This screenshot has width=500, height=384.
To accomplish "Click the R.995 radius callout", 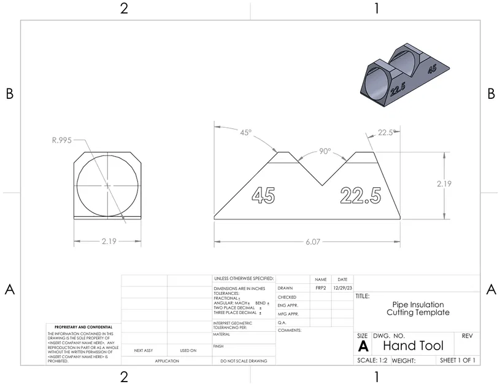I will [61, 140].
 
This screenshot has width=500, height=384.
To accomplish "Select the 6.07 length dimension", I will [313, 242].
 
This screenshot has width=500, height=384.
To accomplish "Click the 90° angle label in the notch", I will [325, 151].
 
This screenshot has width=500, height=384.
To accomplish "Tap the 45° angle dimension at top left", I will [246, 133].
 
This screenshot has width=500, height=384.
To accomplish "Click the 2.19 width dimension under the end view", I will [109, 242].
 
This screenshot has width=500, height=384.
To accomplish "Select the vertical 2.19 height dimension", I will [445, 184].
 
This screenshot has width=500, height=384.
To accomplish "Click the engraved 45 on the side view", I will [263, 195].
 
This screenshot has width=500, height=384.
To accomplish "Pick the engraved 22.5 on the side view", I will [360, 195].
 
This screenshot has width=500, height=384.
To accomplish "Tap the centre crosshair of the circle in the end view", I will [108, 185].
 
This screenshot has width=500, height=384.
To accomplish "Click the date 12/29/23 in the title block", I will [342, 288].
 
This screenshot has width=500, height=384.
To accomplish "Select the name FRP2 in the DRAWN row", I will [320, 288].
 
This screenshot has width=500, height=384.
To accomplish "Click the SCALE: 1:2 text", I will [372, 361].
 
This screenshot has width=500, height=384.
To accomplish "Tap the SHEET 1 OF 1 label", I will [458, 360].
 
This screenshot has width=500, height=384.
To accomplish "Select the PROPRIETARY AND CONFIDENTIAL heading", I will [83, 327].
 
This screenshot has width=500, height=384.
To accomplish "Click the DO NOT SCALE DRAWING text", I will [243, 361].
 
